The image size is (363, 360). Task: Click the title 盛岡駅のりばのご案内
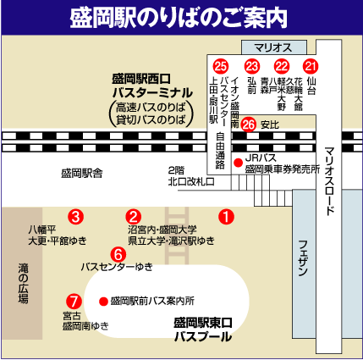(181, 16)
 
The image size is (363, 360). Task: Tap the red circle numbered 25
(221, 66)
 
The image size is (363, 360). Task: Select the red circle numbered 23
(251, 66)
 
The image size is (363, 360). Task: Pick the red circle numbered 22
(282, 66)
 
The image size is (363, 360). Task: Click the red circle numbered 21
(311, 66)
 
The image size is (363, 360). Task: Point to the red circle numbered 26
(249, 124)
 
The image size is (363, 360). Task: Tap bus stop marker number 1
(226, 216)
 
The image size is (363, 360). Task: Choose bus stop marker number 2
(134, 216)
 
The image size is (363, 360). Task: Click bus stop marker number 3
(76, 216)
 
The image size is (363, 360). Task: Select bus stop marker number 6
(118, 253)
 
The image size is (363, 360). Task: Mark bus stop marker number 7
(74, 301)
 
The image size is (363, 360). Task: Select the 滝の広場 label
(23, 283)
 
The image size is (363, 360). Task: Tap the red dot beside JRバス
(239, 160)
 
